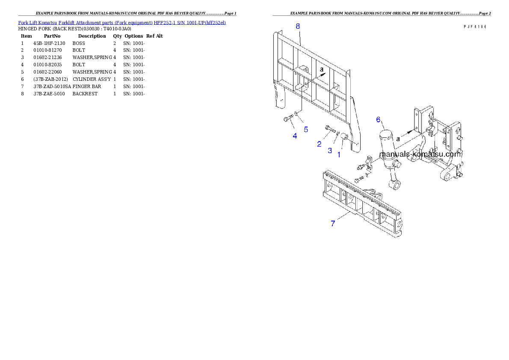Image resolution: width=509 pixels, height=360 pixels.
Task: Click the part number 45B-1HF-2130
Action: point(49,43)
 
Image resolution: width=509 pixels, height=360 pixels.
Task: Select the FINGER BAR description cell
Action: point(87,86)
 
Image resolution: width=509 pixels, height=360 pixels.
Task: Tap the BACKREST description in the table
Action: point(85,94)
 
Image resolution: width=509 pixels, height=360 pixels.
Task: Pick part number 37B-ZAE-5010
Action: point(49,94)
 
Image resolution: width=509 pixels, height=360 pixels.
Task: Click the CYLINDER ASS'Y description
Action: point(92,79)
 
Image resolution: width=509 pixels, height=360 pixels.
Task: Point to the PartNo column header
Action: point(52,36)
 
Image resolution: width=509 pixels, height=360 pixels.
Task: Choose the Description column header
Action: point(92,36)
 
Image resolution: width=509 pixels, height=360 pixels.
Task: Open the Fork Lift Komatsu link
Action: point(37,23)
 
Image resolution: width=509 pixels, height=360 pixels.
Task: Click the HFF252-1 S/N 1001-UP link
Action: point(189,23)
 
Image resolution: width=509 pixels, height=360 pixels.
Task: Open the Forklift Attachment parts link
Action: point(105,23)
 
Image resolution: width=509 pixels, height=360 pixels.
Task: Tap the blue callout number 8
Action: point(298,26)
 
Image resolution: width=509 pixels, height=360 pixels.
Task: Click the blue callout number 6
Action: point(378,120)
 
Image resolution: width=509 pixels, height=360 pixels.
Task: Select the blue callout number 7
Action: point(333,224)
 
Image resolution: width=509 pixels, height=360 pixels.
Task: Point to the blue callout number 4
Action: point(295,136)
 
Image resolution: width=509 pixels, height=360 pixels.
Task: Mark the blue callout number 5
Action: point(306,130)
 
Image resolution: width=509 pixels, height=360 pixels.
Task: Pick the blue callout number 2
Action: point(319,144)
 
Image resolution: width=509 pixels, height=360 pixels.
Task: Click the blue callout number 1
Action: point(339,155)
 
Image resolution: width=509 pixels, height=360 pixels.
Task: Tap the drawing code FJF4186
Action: point(475,27)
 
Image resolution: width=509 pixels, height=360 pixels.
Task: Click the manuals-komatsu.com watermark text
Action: point(420,154)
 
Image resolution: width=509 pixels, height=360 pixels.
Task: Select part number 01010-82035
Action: point(47,65)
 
